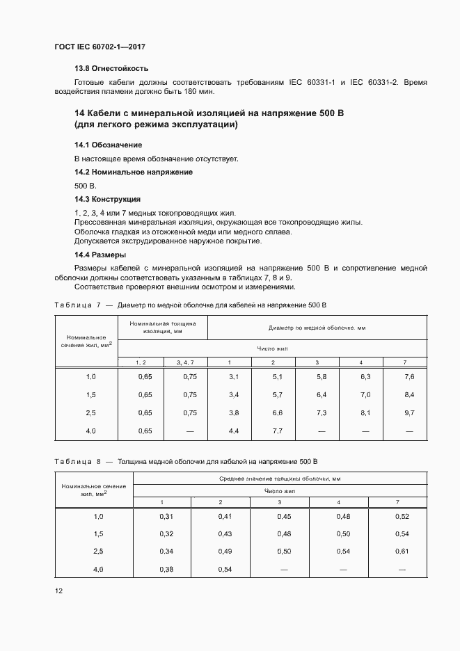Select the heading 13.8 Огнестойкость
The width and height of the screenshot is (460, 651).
pos(111,69)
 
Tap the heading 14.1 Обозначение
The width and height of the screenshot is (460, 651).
pos(108,145)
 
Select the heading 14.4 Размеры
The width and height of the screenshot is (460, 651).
pos(100,255)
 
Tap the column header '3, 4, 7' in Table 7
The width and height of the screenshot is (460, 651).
pos(185,362)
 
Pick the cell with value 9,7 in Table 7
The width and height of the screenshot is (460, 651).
pos(409,412)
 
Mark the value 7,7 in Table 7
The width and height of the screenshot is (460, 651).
pos(273,431)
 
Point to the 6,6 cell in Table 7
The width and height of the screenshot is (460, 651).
pos(273,412)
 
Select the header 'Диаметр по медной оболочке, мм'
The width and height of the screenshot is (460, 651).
pos(317,327)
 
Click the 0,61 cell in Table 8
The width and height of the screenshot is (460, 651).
pos(402,550)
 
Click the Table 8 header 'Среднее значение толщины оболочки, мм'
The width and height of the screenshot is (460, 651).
pos(279,479)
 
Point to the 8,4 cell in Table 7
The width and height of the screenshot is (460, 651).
pos(409,394)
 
